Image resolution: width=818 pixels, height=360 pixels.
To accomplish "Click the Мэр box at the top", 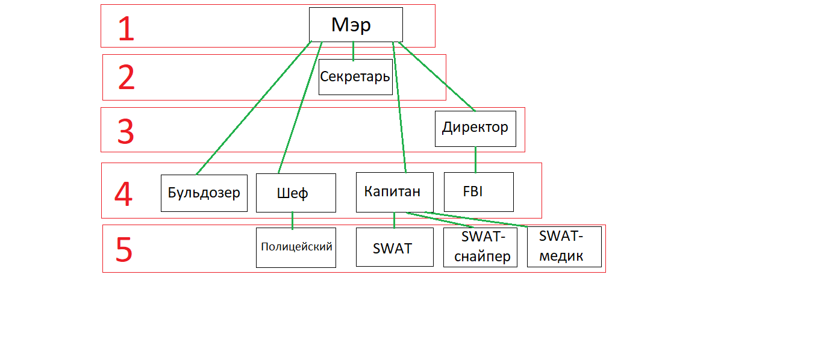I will coord(355,25).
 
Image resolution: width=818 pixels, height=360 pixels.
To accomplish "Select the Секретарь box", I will coord(355,77).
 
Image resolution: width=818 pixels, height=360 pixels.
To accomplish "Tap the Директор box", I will coord(475,128).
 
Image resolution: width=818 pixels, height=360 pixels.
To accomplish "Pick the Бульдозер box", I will coord(204,193).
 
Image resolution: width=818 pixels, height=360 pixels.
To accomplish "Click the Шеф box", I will coord(295,193).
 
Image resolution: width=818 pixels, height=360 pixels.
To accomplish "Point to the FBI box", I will coord(478,192).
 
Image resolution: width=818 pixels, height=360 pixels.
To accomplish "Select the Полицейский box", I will coord(296,247).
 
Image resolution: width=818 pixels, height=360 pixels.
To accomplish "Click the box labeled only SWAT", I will coord(394,247).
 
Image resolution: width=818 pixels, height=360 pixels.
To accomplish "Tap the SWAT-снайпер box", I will coord(480,247).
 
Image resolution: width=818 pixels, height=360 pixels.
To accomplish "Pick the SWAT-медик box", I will coord(564,247).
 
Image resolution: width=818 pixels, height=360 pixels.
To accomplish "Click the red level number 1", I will coord(126,29).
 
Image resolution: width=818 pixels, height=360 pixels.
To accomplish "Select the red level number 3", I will coord(125,132).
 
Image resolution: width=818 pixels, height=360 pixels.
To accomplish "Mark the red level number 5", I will coord(123,249).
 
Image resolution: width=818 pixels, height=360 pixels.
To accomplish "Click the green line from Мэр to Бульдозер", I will coord(253,109).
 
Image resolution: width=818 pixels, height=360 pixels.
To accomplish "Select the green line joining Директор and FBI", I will coord(475,160).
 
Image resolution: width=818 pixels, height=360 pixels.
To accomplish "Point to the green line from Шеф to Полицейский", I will coord(293,220).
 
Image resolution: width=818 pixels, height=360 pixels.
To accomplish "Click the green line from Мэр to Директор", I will coord(437,76).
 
